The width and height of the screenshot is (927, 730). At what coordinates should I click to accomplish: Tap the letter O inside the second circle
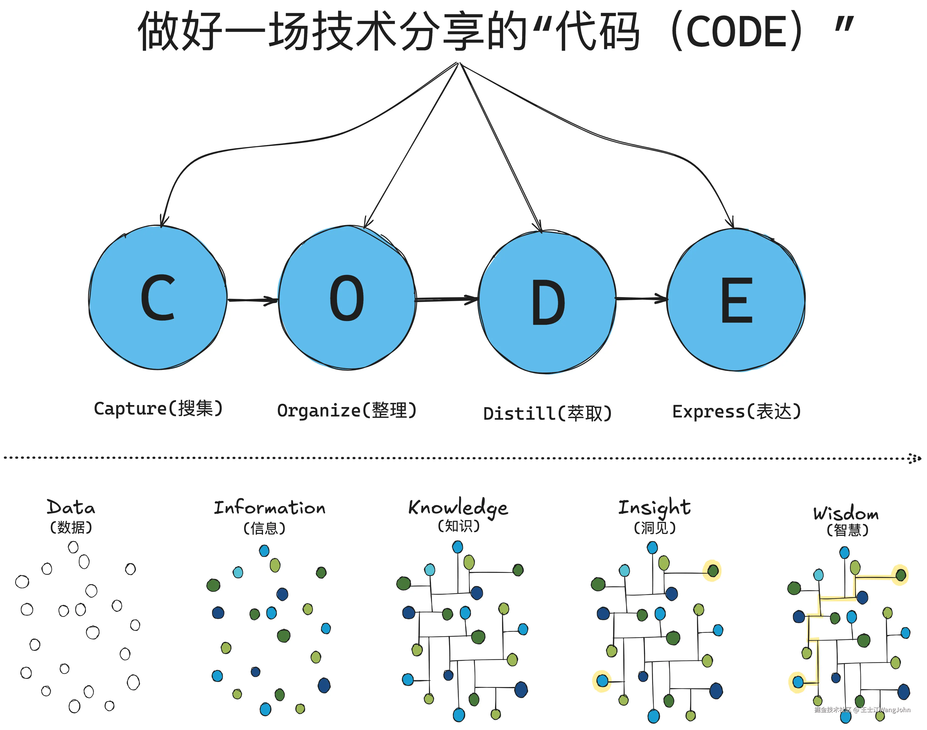point(347,298)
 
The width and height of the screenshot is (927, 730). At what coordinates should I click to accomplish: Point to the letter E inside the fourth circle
point(736,300)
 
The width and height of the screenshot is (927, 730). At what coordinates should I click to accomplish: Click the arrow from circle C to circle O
point(253,300)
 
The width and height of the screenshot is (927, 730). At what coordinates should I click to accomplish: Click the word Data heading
point(71,508)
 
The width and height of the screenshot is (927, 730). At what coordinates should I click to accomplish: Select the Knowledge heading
point(458,508)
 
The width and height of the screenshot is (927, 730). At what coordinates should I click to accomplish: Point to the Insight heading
point(654,508)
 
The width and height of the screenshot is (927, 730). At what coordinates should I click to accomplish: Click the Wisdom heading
point(846,513)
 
